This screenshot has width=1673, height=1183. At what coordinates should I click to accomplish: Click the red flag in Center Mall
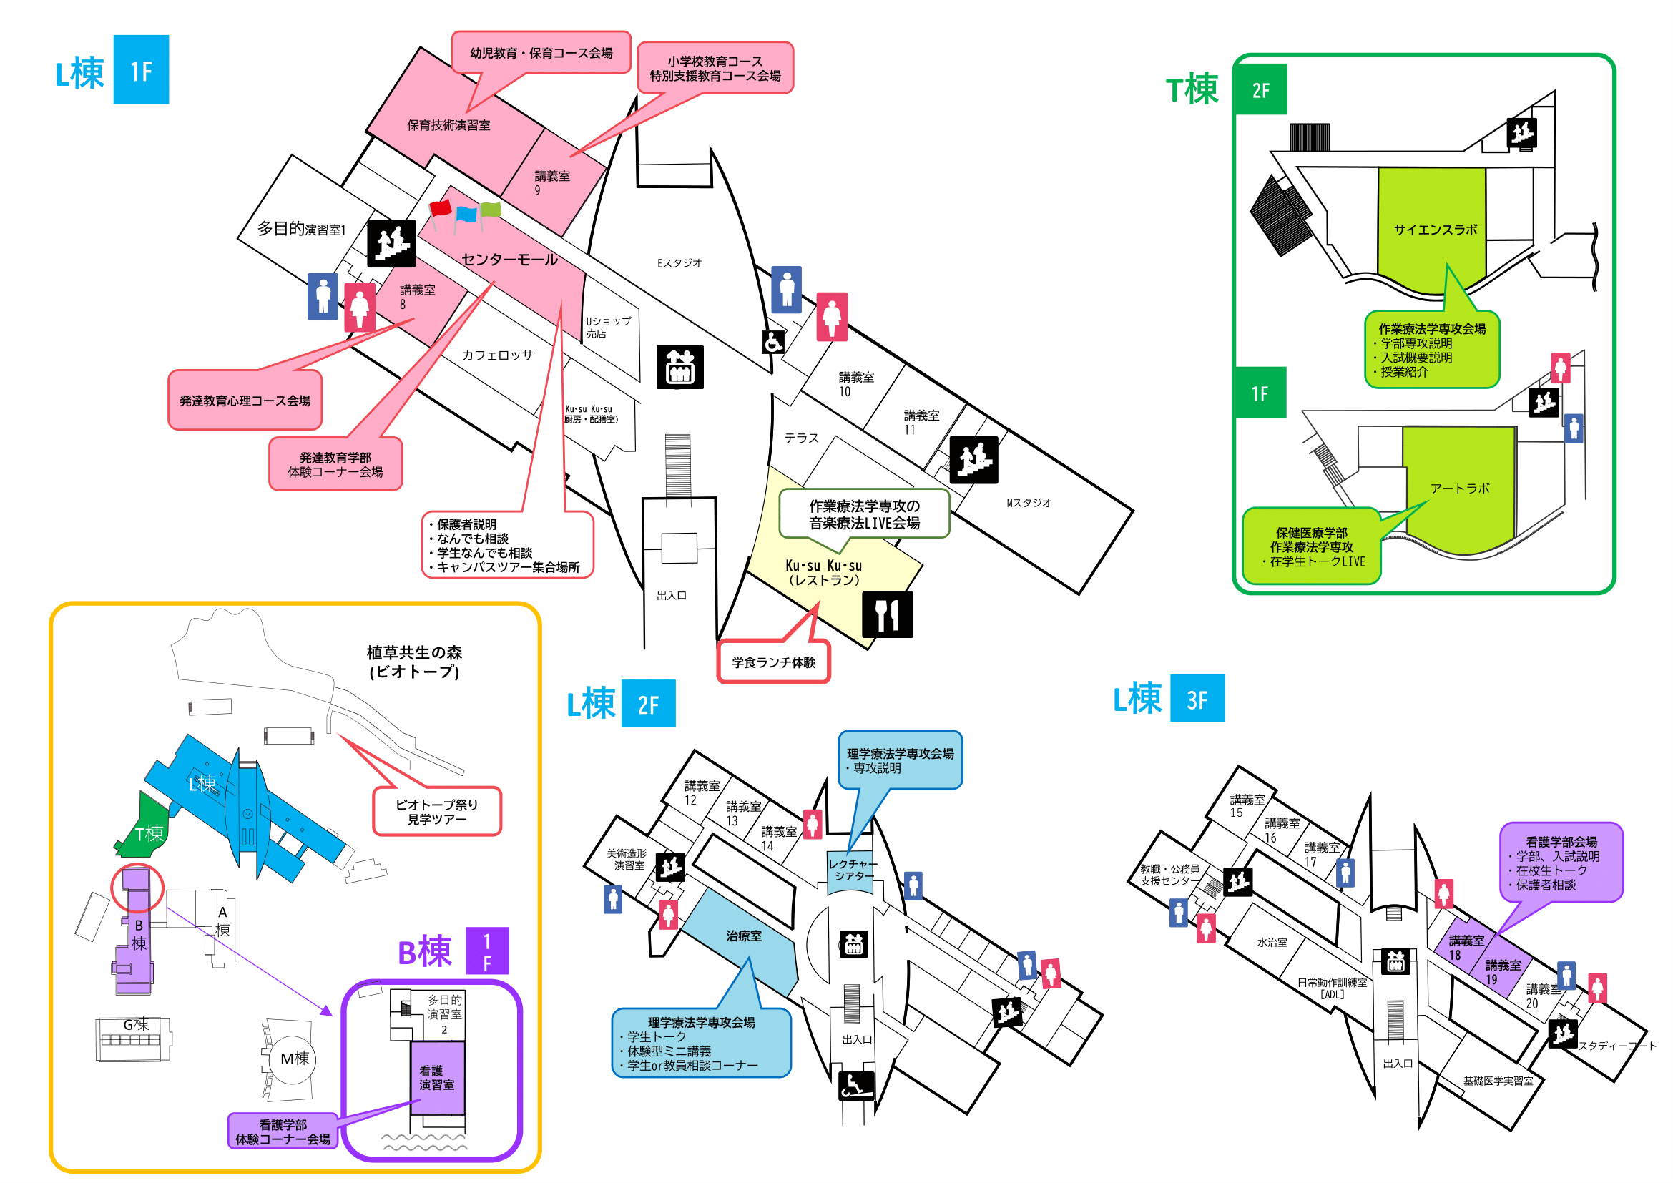coord(440,208)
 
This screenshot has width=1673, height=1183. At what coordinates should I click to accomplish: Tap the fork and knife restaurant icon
coord(887,614)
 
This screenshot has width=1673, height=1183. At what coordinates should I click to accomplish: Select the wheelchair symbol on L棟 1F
coord(773,341)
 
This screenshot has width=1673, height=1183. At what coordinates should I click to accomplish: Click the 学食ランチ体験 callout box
coord(773,662)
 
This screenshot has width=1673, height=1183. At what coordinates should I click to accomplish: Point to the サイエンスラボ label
coord(1435,230)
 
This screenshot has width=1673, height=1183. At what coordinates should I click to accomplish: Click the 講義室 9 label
coord(551,182)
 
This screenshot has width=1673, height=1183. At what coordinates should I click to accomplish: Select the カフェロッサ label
coord(497,355)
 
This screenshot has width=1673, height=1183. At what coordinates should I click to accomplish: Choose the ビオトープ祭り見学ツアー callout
coord(436,812)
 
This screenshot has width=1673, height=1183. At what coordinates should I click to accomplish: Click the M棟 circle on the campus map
coord(295,1058)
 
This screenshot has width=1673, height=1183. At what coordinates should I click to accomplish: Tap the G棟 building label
coord(135,1024)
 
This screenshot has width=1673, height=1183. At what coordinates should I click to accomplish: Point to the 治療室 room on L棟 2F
coord(743,936)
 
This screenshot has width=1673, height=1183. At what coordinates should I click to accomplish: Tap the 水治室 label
coord(1272,942)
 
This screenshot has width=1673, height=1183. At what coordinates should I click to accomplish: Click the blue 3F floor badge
coord(1197,699)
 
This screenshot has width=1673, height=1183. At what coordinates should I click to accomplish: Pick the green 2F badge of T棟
coord(1260,89)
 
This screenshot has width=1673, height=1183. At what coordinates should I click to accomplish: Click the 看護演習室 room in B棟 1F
coord(436,1077)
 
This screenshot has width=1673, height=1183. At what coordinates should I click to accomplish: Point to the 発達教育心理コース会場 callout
coord(245,400)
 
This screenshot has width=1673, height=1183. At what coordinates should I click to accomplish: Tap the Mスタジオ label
coord(1028,503)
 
